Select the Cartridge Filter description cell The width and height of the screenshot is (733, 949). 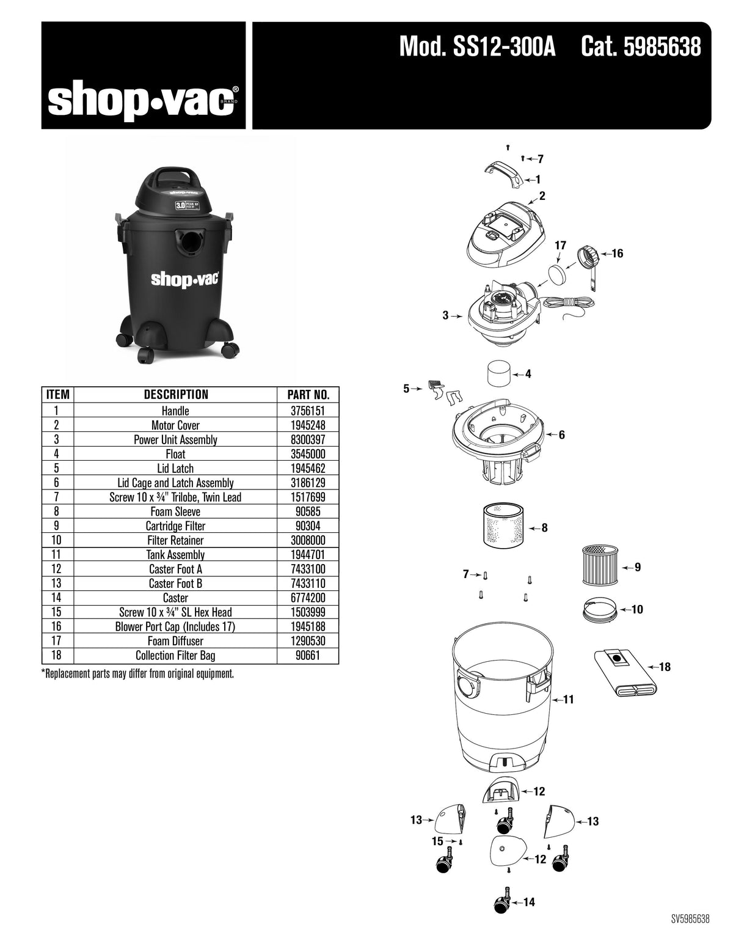pyautogui.click(x=175, y=526)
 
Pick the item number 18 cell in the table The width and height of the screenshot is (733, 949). pyautogui.click(x=56, y=656)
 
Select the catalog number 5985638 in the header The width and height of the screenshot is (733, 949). pyautogui.click(x=662, y=48)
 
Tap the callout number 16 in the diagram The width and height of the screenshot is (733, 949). pyautogui.click(x=617, y=254)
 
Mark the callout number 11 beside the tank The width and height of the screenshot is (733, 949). pyautogui.click(x=568, y=700)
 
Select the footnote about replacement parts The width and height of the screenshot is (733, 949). pyautogui.click(x=137, y=675)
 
